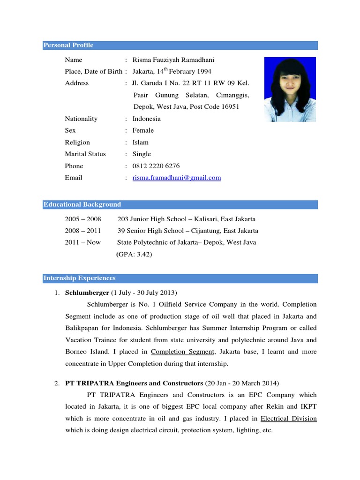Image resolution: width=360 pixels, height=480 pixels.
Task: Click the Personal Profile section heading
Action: click(x=68, y=45)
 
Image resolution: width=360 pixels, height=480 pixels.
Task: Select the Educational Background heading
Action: click(x=82, y=205)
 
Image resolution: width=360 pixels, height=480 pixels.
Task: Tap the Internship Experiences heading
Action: click(x=79, y=278)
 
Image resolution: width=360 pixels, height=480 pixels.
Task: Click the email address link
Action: click(x=177, y=178)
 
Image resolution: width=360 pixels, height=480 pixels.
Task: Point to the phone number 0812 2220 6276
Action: click(x=156, y=166)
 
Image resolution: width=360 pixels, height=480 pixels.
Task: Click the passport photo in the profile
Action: click(x=290, y=90)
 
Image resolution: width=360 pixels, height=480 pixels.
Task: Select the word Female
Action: click(x=143, y=130)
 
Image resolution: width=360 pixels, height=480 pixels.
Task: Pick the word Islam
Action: click(x=141, y=142)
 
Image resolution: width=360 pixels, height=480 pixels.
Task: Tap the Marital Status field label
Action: click(x=85, y=154)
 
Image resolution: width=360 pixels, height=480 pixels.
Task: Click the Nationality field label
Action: click(x=81, y=119)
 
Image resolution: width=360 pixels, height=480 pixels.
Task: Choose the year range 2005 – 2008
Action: click(x=83, y=219)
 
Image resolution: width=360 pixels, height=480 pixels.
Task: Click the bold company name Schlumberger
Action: click(x=86, y=293)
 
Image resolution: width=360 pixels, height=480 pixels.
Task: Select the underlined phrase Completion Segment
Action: click(x=183, y=352)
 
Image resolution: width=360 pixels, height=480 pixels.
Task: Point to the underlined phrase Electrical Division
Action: click(x=288, y=419)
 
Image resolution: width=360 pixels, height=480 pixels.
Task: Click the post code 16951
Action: click(x=229, y=107)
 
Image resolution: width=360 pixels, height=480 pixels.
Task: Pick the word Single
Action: click(x=142, y=154)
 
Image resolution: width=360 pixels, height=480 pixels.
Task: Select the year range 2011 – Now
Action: click(x=83, y=243)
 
